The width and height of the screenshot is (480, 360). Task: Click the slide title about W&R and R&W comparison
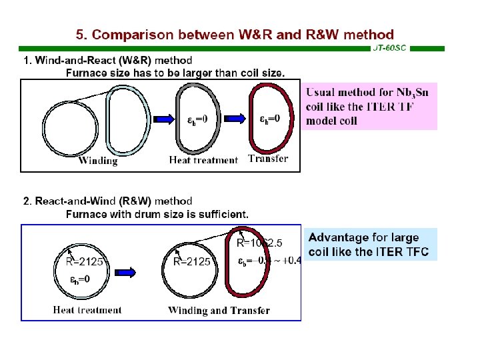(x=235, y=34)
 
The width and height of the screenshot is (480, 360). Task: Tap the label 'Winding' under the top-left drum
(x=98, y=160)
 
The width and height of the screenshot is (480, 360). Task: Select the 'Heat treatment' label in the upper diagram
(x=203, y=160)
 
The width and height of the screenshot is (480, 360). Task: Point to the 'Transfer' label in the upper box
(x=268, y=159)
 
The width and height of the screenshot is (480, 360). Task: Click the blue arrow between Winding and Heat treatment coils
(x=163, y=119)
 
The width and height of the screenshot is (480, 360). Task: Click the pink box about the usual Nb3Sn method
(x=369, y=106)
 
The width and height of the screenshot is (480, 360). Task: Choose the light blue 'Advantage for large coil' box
(x=372, y=245)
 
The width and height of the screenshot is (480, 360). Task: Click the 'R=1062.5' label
(x=263, y=242)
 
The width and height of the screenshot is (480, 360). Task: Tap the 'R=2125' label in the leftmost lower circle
(x=79, y=261)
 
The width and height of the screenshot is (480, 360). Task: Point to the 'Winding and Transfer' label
(x=219, y=310)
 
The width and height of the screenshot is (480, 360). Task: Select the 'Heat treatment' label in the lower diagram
(x=87, y=309)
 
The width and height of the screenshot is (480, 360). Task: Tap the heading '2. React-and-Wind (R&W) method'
(x=108, y=201)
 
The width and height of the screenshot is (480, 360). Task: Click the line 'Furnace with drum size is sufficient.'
(x=157, y=214)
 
